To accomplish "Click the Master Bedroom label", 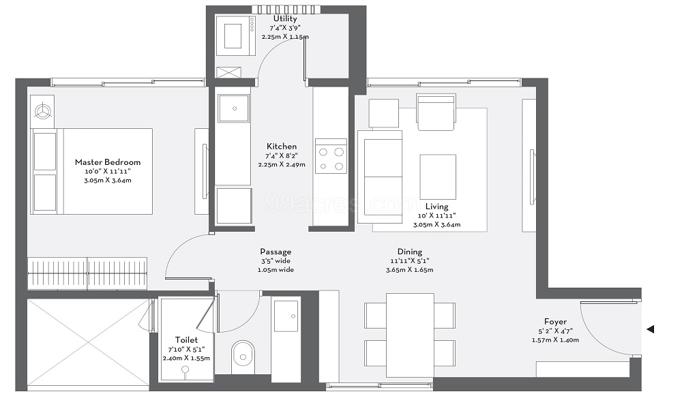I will pyautogui.click(x=108, y=162).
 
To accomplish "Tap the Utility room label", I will pyautogui.click(x=285, y=18).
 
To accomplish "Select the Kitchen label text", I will pyautogui.click(x=282, y=147).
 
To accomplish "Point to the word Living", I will pyautogui.click(x=437, y=207).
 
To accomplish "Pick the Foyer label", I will pyautogui.click(x=555, y=322).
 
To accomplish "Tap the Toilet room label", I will pyautogui.click(x=186, y=339).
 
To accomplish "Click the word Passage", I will pyautogui.click(x=276, y=252).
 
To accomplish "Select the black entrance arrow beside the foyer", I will pyautogui.click(x=650, y=330).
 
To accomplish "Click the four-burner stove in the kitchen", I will pyautogui.click(x=331, y=156).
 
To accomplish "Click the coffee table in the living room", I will pyautogui.click(x=437, y=177).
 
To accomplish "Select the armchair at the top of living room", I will pyautogui.click(x=436, y=112).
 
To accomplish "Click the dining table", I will pyautogui.click(x=410, y=335).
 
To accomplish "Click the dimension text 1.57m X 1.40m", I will pyautogui.click(x=555, y=339).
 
